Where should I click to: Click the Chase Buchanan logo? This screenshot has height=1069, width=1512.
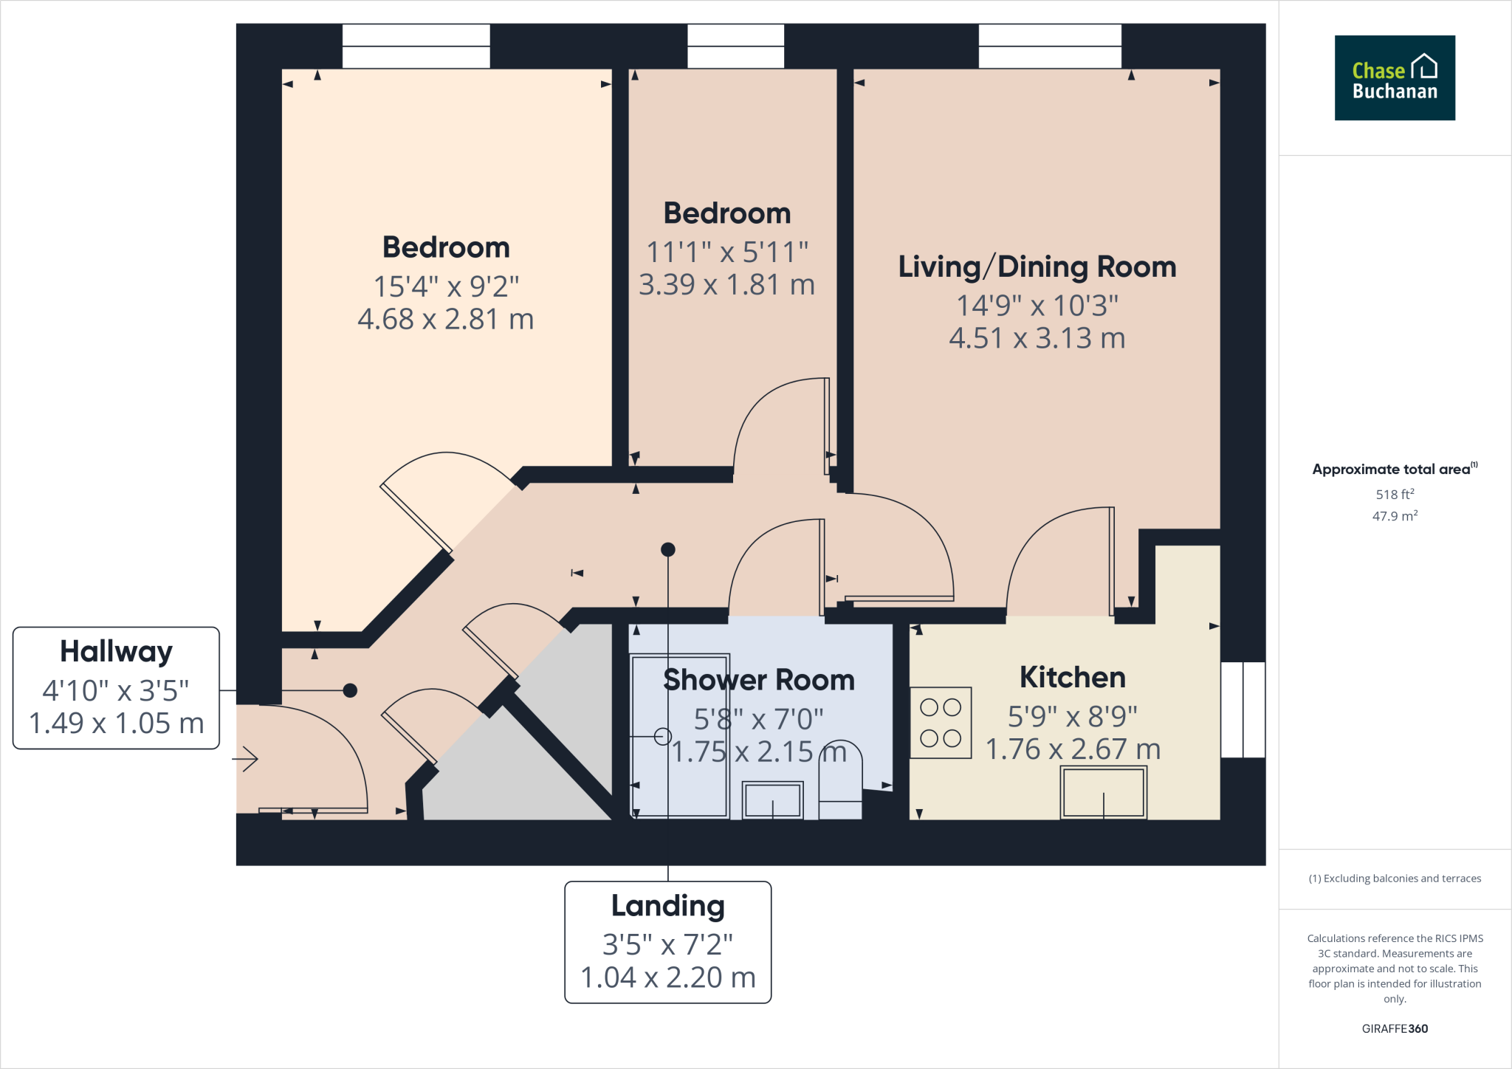point(1394,78)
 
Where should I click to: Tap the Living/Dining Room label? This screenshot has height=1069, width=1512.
point(1037,267)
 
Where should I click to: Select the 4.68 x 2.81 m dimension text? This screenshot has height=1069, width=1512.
point(445,320)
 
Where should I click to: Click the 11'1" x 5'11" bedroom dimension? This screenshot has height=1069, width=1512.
point(727,252)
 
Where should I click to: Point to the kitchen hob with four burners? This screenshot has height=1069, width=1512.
point(940,723)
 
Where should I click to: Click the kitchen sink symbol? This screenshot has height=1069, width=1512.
point(1103,792)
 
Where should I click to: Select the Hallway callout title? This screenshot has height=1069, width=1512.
point(116,652)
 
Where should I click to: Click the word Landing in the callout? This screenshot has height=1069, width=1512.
point(667,906)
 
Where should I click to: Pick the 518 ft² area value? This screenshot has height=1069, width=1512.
point(1395,494)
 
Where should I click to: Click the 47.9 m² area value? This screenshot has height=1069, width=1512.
point(1395,516)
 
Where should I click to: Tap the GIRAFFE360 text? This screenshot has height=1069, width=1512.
point(1395,1028)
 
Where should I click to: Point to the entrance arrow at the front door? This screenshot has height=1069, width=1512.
point(246,758)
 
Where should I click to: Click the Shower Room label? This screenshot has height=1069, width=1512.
point(758,680)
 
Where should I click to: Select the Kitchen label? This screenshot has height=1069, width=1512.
point(1072,677)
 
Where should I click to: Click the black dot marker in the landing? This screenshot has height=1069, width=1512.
point(668,549)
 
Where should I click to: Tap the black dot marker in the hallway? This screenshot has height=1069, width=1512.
point(351,690)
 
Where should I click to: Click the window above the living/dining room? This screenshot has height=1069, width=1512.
point(1049,46)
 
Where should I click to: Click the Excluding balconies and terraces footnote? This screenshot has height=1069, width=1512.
point(1395,879)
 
